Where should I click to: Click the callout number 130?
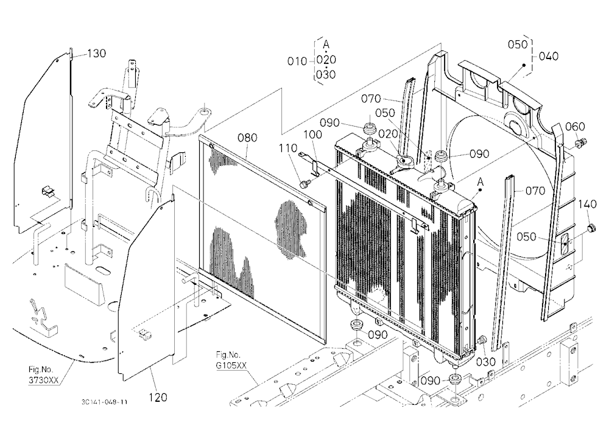coord(97,53)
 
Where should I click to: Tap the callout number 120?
coord(158,398)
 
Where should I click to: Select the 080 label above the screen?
coord(247,138)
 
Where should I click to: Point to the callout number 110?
coord(288,148)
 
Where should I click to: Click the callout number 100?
coord(312,135)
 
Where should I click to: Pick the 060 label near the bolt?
coord(575,127)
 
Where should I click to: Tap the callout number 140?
coord(587,204)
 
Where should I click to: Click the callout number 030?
coord(486,362)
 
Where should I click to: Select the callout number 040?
coord(549,57)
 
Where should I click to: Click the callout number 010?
coord(297,61)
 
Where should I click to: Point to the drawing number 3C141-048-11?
coord(104,402)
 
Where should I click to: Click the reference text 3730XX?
coord(43,380)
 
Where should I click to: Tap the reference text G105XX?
coord(231,365)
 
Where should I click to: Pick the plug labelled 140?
coord(591,228)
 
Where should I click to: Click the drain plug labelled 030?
coord(482,340)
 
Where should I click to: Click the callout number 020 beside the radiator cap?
coord(388,134)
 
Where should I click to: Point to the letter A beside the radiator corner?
coord(481,182)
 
